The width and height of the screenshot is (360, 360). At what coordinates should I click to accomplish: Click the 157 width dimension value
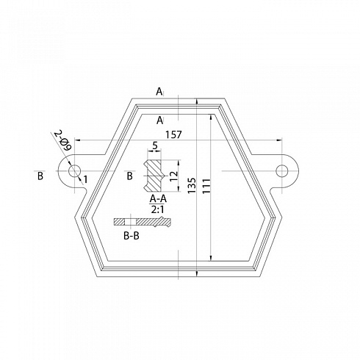tap(174, 134)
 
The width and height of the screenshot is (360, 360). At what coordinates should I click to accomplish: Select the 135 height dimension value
tap(192, 185)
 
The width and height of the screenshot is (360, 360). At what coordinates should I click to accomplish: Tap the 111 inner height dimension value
tap(206, 186)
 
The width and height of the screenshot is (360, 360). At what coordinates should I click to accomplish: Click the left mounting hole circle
tap(74, 170)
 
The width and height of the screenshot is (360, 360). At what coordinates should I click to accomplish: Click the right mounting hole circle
tap(282, 170)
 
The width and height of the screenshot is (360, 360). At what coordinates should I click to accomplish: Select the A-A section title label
tap(158, 199)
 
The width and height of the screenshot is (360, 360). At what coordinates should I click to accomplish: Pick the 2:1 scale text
tap(158, 209)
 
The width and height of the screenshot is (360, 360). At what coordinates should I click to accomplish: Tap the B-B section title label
tap(132, 236)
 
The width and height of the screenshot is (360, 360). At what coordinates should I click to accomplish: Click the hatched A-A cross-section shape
tap(153, 176)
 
